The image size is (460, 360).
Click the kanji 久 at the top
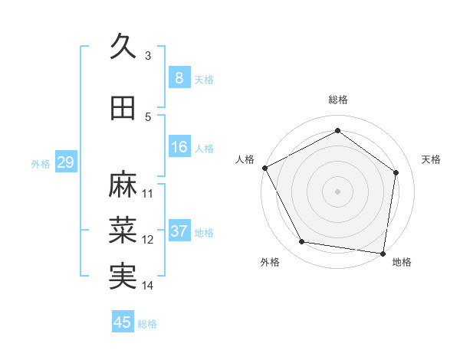pyautogui.click(x=123, y=47)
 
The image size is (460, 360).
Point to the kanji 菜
pyautogui.click(x=123, y=231)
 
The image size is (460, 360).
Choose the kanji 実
pyautogui.click(x=123, y=277)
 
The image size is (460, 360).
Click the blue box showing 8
pyautogui.click(x=179, y=77)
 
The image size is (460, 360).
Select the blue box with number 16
pyautogui.click(x=179, y=147)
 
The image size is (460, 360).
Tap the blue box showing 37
pyautogui.click(x=179, y=231)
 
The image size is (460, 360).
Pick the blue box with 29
pyautogui.click(x=65, y=162)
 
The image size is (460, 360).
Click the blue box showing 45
pyautogui.click(x=123, y=322)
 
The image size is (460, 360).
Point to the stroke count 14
pyautogui.click(x=148, y=286)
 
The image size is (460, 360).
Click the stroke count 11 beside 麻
pyautogui.click(x=148, y=194)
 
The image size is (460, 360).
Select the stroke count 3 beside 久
pyautogui.click(x=148, y=56)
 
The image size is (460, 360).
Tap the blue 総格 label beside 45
pyautogui.click(x=147, y=324)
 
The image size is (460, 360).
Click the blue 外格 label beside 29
pyautogui.click(x=41, y=164)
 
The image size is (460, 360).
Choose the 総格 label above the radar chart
pyautogui.click(x=337, y=100)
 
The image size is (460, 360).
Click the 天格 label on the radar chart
pyautogui.click(x=431, y=159)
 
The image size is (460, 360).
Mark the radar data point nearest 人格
pyautogui.click(x=264, y=168)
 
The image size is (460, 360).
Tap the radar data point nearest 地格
pyautogui.click(x=383, y=253)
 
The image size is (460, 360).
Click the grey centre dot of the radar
pyautogui.click(x=337, y=191)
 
